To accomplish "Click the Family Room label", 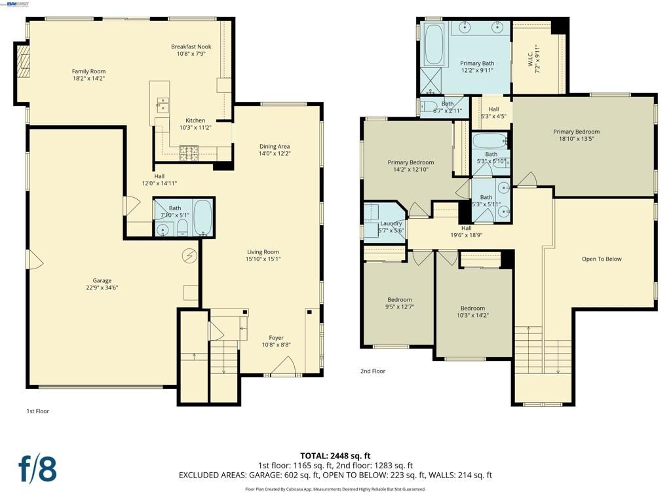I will (88, 71).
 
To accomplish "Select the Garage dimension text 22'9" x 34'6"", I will (102, 288).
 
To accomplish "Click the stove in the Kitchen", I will (189, 153).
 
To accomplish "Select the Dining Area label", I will (275, 147).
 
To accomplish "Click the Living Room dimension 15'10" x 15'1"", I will (263, 259).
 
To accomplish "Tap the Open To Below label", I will (602, 259).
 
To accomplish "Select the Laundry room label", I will (391, 224).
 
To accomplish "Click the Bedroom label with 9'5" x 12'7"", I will (399, 300).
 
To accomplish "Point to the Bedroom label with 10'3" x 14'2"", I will (472, 308).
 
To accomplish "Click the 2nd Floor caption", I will (373, 371).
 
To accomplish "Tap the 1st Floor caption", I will (37, 411).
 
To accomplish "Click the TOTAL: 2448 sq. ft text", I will (335, 456).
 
